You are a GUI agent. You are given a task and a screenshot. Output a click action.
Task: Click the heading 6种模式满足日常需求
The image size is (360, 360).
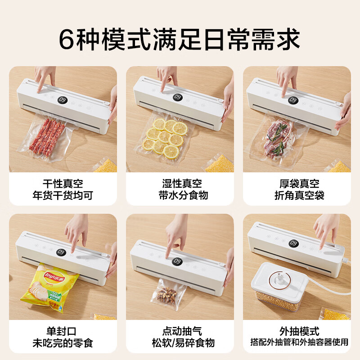tap(180, 40)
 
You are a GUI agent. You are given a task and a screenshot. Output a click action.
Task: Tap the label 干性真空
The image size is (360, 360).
tap(63, 184)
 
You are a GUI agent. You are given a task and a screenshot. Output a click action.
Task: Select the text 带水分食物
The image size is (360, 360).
tap(180, 195)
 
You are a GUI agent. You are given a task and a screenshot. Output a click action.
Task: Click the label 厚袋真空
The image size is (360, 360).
tap(297, 184)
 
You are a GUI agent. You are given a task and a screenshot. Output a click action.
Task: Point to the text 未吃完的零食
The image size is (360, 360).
tap(63, 343)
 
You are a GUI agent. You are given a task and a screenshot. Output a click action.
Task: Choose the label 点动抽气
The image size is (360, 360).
tap(180, 331)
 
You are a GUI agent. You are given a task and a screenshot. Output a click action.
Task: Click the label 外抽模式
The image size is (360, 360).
tap(297, 331)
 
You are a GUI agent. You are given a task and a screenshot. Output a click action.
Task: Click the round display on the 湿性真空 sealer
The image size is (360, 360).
tap(177, 97)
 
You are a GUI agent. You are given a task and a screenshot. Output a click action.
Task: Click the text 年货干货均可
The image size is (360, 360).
tap(63, 195)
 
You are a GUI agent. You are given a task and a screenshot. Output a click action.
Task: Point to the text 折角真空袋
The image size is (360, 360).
tap(297, 195)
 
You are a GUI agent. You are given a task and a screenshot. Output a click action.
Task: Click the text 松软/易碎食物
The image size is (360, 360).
tap(180, 343)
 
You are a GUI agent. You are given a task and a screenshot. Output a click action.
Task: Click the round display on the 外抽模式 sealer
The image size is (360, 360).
tap(293, 243)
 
